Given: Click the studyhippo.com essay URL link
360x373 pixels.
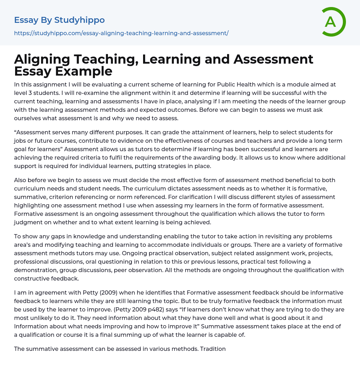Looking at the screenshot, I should [121, 33].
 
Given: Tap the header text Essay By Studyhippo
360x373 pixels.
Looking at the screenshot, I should [59, 20].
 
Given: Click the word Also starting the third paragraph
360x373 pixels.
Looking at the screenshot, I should [21, 180].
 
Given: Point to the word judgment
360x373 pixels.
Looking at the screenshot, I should [29, 222].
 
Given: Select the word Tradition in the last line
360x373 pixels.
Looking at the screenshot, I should [213, 349].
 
